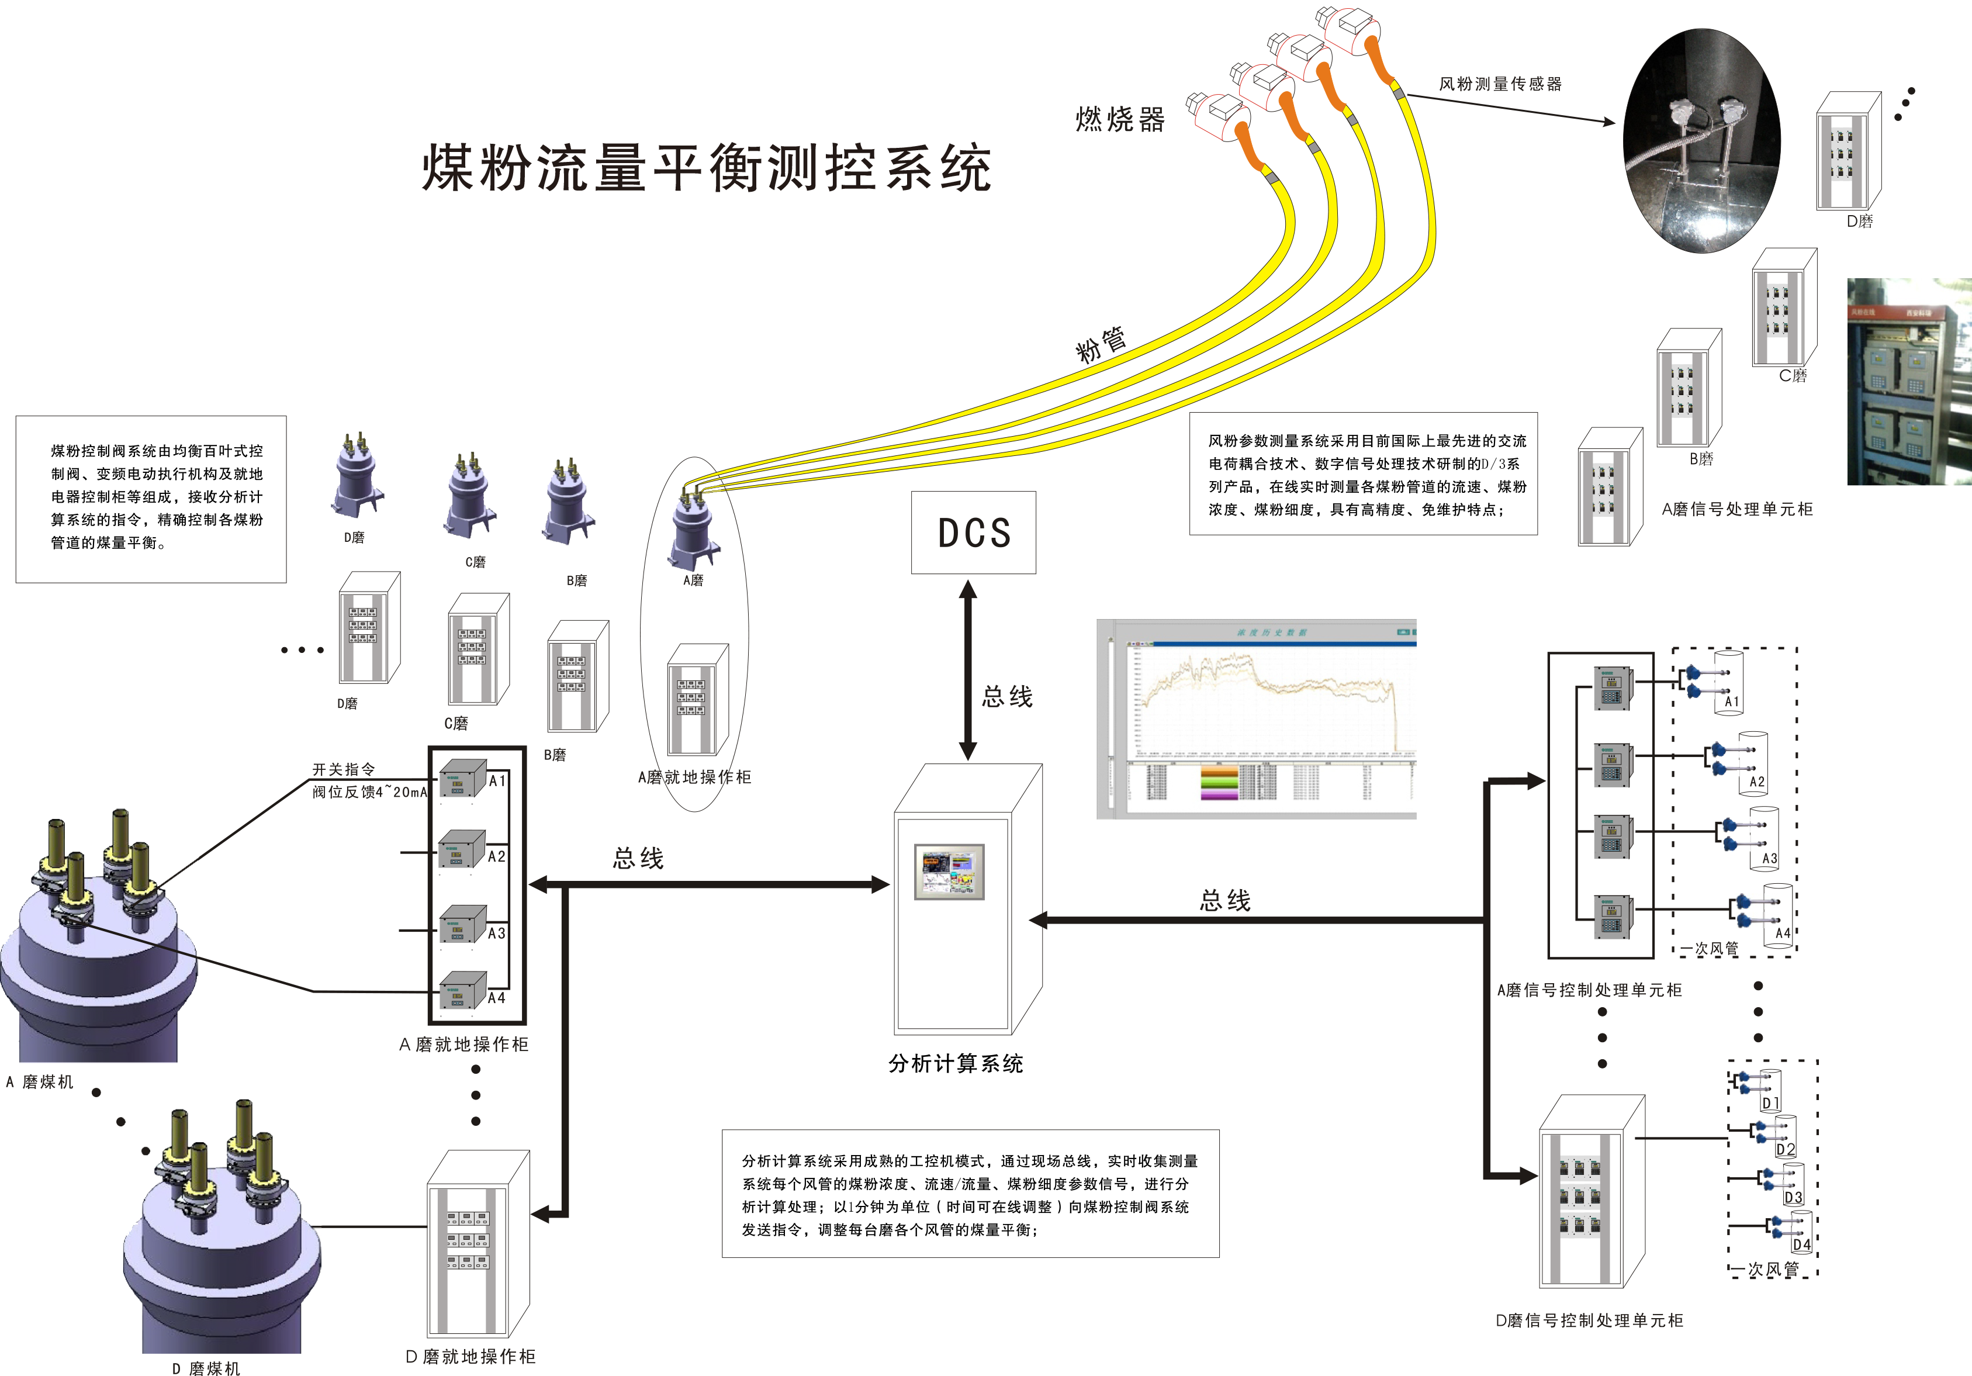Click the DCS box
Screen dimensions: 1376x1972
tap(973, 533)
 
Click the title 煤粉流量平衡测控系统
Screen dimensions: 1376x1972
tap(708, 168)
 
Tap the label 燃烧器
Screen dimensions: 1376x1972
tap(1120, 119)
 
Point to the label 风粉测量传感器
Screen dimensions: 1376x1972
tap(1500, 84)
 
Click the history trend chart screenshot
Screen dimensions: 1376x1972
tap(1255, 719)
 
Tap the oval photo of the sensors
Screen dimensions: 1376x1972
tap(1701, 141)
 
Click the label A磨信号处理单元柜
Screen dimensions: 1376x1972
tap(1736, 509)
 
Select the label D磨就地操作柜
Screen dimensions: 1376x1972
tap(470, 1356)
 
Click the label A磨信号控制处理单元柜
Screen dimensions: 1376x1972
tap(1589, 990)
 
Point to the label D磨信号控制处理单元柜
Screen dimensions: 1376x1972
tap(1589, 1320)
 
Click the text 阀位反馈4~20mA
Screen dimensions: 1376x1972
tap(369, 792)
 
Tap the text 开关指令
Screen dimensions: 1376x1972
tap(344, 770)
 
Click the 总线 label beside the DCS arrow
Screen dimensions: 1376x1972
tap(1008, 697)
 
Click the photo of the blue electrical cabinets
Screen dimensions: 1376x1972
tap(1908, 381)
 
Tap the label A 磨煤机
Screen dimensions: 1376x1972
tap(40, 1082)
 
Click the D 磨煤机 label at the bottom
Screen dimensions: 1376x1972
tap(206, 1367)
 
